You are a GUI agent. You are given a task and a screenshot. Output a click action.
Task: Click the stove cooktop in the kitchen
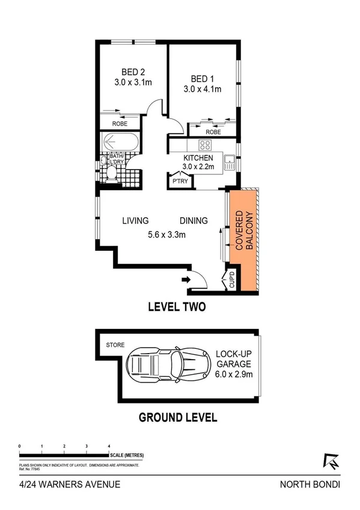pos(205,144)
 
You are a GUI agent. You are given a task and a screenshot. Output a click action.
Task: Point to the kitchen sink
pos(229,160)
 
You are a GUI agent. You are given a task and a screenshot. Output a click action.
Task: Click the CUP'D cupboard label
pos(232,280)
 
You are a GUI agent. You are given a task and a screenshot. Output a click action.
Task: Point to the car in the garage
pos(159,364)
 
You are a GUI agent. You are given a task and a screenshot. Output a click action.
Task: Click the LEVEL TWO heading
pos(177,307)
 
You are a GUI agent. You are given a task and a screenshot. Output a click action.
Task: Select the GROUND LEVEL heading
pos(178,417)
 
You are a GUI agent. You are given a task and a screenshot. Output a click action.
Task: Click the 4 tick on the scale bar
pos(109,446)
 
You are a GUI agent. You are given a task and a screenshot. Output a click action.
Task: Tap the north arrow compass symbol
pos(331,460)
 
